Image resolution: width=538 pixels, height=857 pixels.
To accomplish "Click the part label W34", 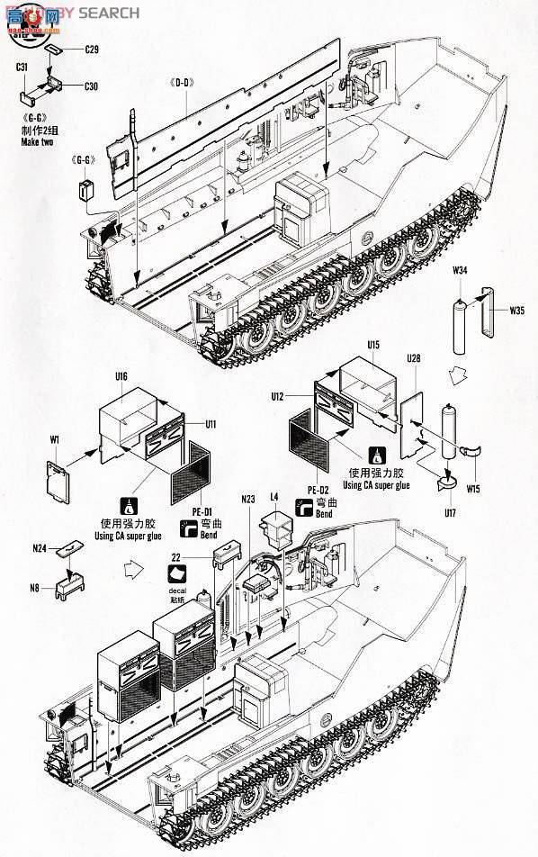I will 461,270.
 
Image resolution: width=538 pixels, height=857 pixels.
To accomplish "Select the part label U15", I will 373,346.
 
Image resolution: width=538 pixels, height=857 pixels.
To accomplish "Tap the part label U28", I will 413,358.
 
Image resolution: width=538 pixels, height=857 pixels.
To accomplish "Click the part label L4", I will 274,497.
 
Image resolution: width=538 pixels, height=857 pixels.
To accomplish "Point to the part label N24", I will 38,546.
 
